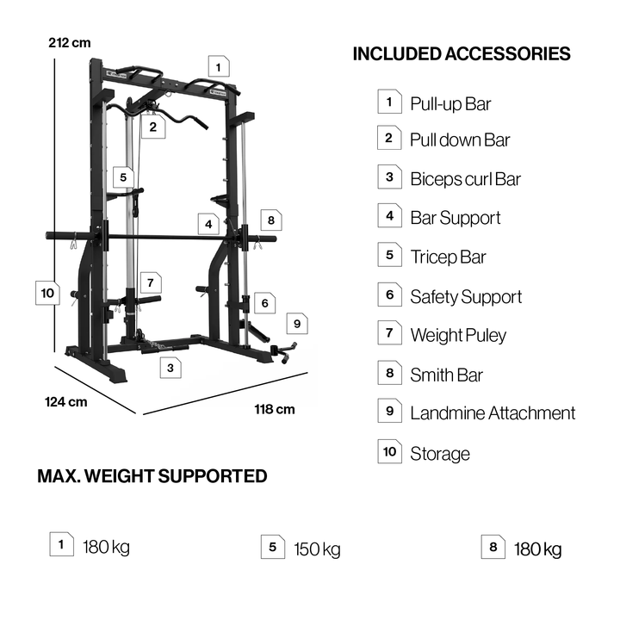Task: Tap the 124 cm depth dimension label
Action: pyautogui.click(x=66, y=401)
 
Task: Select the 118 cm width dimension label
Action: pyautogui.click(x=275, y=409)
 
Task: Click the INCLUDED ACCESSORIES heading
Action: pyautogui.click(x=462, y=54)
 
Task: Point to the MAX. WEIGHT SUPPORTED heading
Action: pyautogui.click(x=152, y=476)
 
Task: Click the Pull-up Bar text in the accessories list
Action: pyautogui.click(x=450, y=104)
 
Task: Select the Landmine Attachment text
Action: pyautogui.click(x=493, y=413)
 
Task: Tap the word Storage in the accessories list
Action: pyautogui.click(x=440, y=454)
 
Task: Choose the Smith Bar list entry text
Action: pyautogui.click(x=446, y=375)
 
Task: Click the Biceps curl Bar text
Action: pyautogui.click(x=465, y=179)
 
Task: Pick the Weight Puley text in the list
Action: pyautogui.click(x=458, y=335)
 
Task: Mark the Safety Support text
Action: pyautogui.click(x=466, y=297)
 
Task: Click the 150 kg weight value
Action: pyautogui.click(x=317, y=549)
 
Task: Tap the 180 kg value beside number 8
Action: pyautogui.click(x=537, y=549)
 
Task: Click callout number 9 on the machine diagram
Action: pyautogui.click(x=296, y=323)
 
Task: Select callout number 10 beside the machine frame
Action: pyautogui.click(x=46, y=293)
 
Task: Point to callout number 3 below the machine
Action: pyautogui.click(x=170, y=368)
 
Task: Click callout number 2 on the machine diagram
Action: pyautogui.click(x=152, y=127)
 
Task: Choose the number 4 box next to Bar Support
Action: pyautogui.click(x=389, y=216)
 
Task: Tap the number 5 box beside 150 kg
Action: pyautogui.click(x=273, y=547)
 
